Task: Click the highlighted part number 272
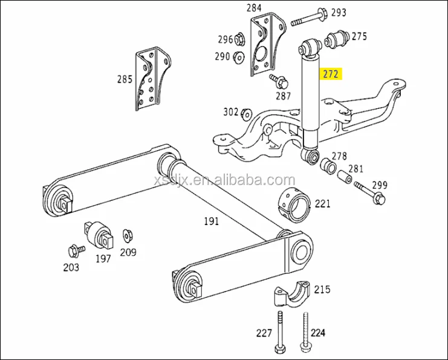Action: (331, 74)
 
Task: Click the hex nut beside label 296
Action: (240, 41)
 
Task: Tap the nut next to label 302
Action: (247, 113)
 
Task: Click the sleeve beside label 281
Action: (343, 177)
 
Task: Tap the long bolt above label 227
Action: (280, 331)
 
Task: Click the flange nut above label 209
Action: (127, 235)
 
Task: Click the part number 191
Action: (210, 221)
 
